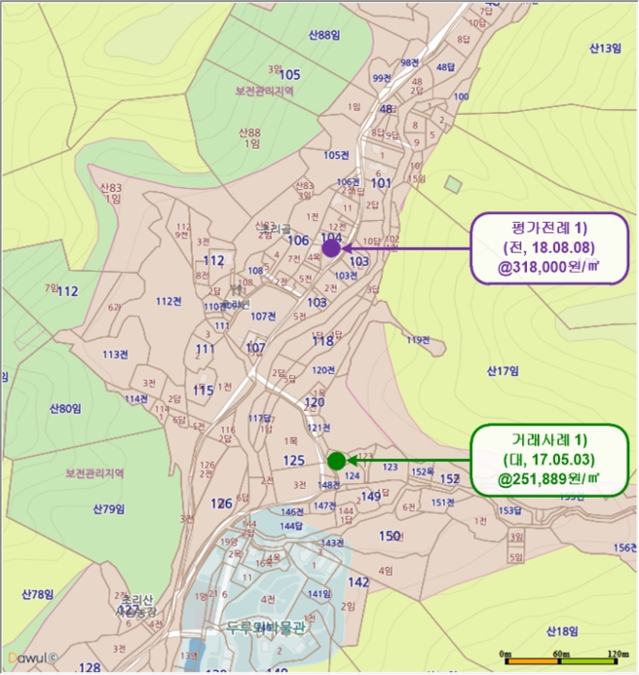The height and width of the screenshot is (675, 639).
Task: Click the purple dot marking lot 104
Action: (x=330, y=248)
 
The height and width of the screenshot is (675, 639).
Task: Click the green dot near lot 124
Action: (x=336, y=460)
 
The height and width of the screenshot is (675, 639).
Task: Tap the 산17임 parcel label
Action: (x=503, y=370)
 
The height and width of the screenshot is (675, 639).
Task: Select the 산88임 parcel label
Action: (x=325, y=35)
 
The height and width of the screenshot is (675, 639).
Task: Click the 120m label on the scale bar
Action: (x=618, y=655)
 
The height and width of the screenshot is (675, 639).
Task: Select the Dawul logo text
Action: (x=29, y=661)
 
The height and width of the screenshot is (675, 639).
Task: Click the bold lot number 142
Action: (x=358, y=582)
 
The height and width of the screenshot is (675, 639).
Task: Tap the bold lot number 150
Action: (x=390, y=536)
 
